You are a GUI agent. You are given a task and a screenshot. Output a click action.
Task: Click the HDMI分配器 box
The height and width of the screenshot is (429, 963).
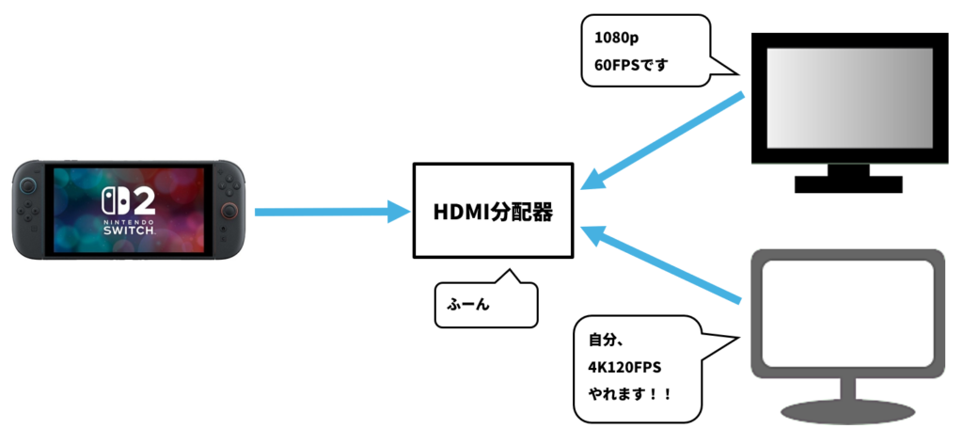click(493, 211)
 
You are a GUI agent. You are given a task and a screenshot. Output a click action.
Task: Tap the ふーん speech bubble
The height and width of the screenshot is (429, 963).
click(485, 305)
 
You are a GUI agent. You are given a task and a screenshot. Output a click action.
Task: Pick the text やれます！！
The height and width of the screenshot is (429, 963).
click(630, 394)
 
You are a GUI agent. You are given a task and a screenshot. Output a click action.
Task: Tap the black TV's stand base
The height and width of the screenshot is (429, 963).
click(848, 183)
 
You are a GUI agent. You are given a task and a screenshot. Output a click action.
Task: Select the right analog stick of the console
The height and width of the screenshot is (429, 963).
click(226, 211)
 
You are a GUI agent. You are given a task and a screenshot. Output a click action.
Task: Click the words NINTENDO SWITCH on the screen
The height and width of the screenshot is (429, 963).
click(128, 227)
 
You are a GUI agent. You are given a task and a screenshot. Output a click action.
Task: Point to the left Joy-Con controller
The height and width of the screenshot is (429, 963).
click(31, 212)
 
